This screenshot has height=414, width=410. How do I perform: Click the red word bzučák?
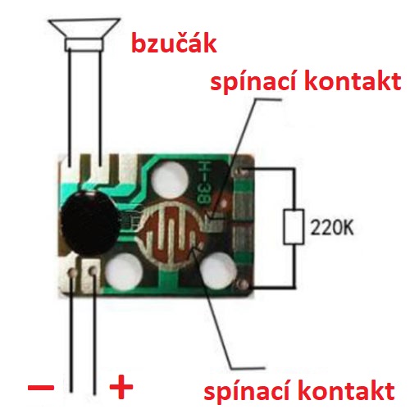tap(174, 43)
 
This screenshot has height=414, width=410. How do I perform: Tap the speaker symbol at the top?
tap(84, 35)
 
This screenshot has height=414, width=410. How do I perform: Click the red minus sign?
tap(41, 387)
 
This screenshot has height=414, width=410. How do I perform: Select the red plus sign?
tap(121, 387)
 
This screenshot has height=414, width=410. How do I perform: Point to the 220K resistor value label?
tap(332, 227)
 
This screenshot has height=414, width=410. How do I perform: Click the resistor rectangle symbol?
tap(294, 226)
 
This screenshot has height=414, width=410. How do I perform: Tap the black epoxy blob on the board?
tap(89, 223)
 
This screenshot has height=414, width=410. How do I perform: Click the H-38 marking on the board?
tap(203, 183)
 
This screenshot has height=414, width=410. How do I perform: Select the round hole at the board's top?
tap(170, 180)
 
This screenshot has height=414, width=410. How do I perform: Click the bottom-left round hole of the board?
tap(124, 272)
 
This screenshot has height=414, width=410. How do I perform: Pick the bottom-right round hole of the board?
tap(219, 271)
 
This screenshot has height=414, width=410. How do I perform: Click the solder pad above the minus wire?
tap(73, 272)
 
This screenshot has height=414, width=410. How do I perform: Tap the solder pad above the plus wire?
tap(93, 271)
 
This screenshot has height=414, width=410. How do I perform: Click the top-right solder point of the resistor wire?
tap(243, 171)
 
